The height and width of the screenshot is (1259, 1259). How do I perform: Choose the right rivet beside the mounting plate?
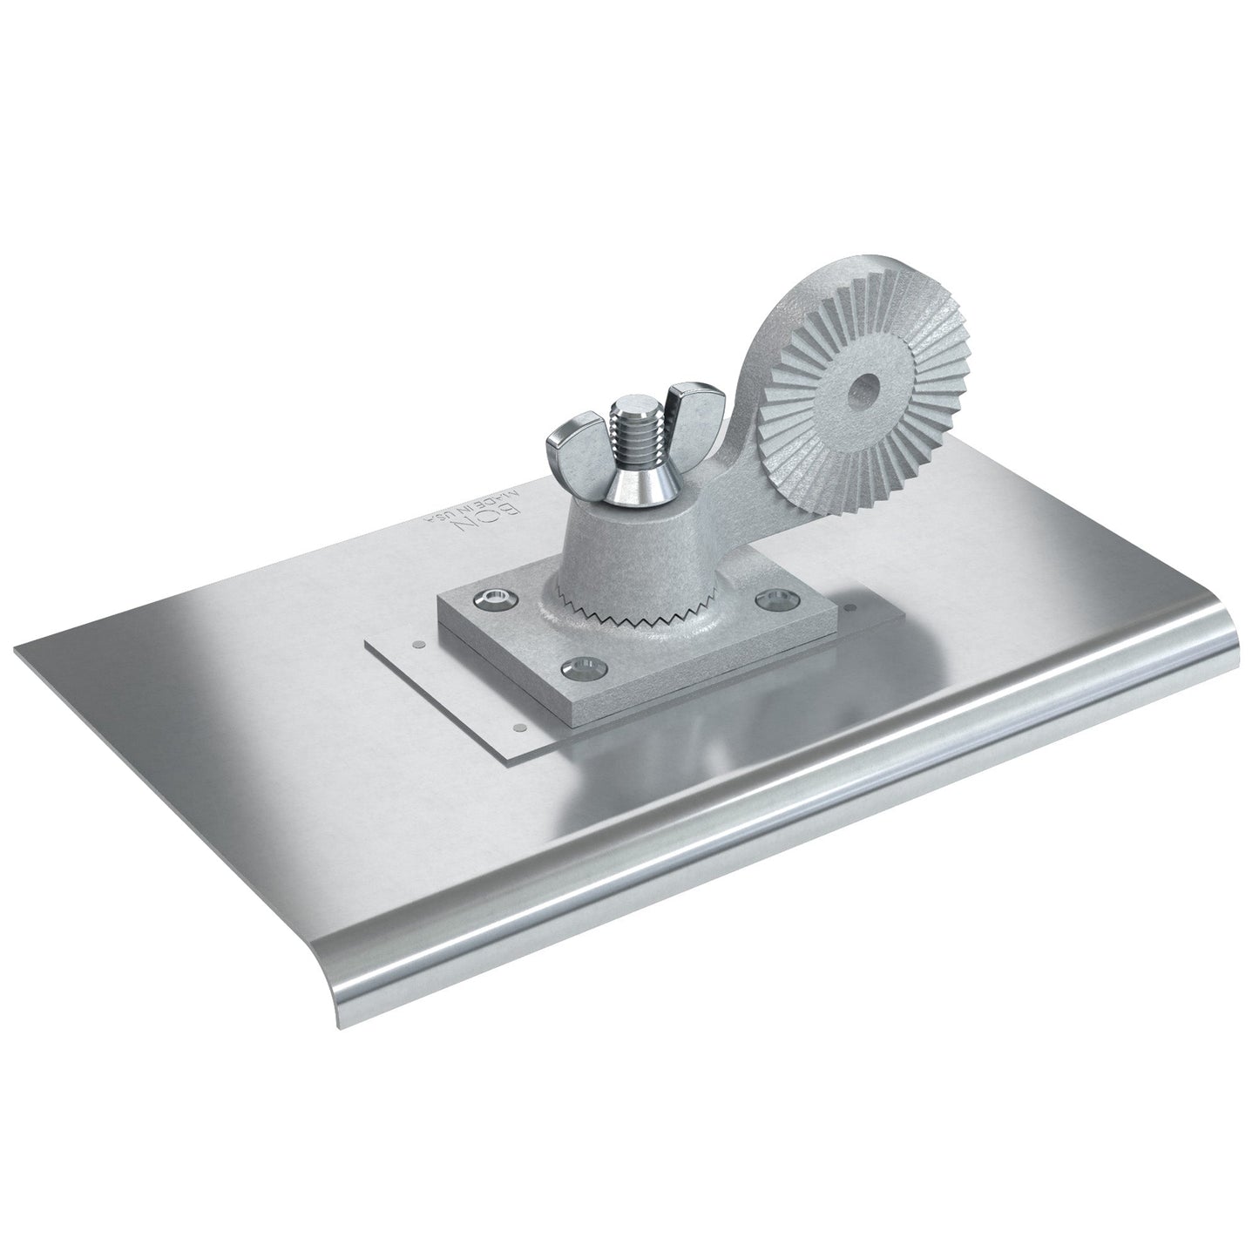click(x=851, y=612)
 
